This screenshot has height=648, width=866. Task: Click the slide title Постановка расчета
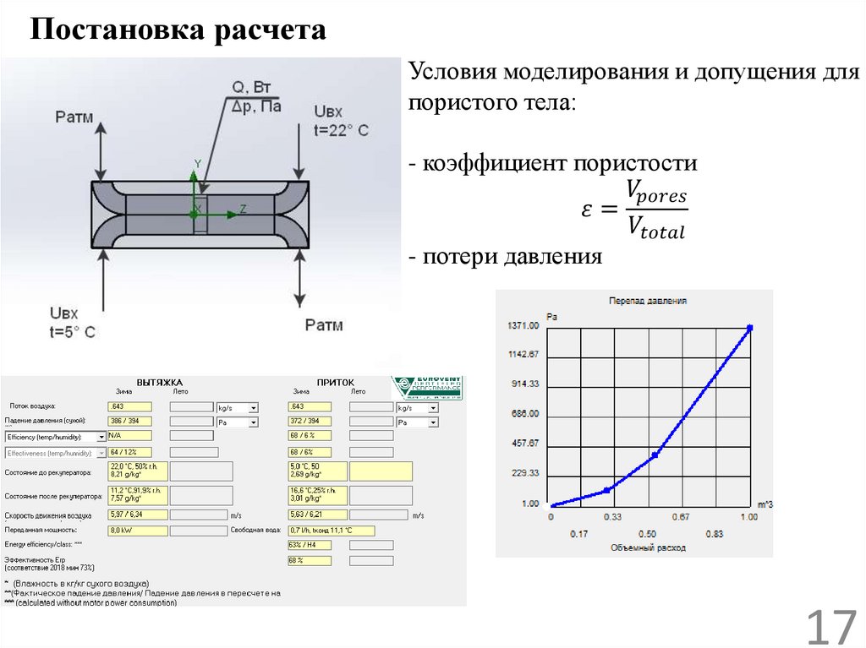(178, 31)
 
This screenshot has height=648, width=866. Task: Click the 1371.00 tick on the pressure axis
(523, 326)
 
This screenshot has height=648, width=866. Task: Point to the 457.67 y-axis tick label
(524, 443)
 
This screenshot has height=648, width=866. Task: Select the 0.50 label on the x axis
(647, 533)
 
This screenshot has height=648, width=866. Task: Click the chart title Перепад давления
(648, 300)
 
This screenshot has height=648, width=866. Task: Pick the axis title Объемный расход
(648, 547)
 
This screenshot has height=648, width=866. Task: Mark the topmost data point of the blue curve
(748, 327)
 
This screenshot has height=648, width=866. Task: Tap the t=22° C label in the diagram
(341, 130)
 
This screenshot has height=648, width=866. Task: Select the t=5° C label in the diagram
(74, 331)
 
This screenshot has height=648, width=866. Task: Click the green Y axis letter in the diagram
(198, 162)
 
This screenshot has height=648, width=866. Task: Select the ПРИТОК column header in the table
(336, 381)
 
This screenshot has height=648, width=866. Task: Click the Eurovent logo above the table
(426, 387)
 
